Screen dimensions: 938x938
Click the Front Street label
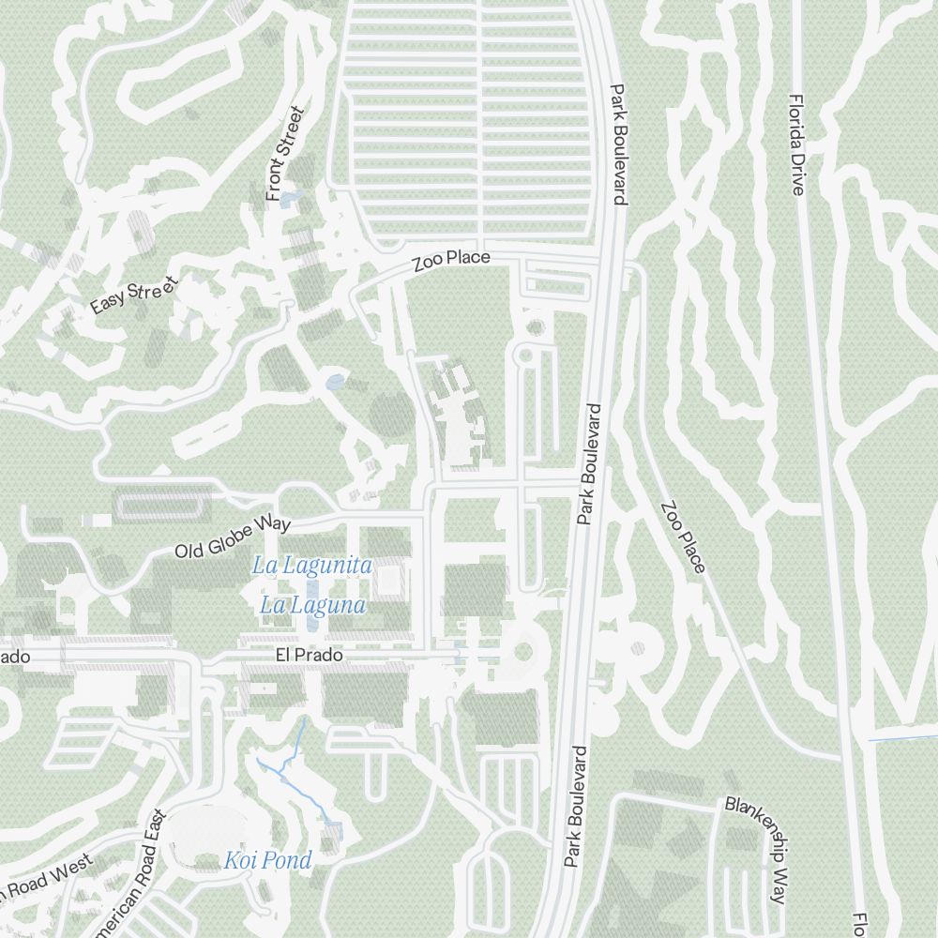[285, 154]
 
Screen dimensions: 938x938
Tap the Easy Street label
[133, 295]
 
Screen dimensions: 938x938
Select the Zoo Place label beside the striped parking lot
[451, 261]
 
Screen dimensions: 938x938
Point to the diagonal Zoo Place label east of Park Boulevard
[683, 537]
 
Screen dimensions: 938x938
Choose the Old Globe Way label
[233, 537]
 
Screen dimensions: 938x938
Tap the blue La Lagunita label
[312, 566]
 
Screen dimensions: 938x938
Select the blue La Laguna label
[312, 605]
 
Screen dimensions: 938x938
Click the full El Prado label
[309, 656]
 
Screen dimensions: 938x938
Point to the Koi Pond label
[267, 860]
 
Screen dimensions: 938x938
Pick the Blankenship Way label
[756, 849]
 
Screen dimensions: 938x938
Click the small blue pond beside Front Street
[289, 199]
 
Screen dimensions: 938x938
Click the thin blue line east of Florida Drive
[900, 739]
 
